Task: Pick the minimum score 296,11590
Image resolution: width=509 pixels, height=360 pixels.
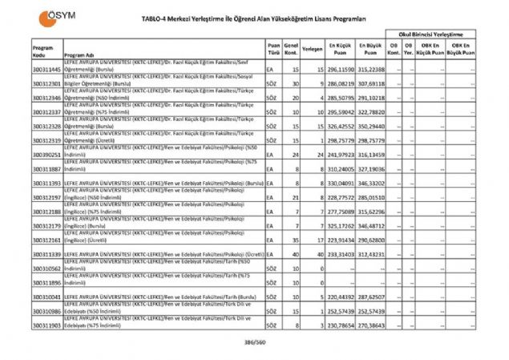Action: pos(340,70)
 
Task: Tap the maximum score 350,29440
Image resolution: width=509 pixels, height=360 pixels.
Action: pos(371,126)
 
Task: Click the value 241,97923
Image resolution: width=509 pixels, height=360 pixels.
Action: pos(340,154)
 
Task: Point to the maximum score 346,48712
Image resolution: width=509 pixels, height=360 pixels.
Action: pos(371,226)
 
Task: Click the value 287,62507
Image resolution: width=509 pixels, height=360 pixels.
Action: pos(371,297)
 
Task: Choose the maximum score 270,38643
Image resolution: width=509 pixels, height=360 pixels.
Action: pos(371,326)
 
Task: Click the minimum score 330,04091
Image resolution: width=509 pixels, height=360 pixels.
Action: pos(340,183)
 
